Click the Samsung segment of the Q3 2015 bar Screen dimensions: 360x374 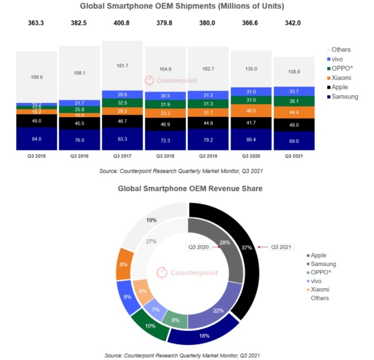[x=36, y=139]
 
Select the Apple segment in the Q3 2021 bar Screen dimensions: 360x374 [x=294, y=125]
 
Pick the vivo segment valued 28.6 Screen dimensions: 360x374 [x=122, y=94]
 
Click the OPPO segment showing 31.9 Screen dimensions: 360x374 [x=165, y=104]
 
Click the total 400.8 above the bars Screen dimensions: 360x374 [x=122, y=23]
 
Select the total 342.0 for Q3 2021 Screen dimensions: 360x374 [x=294, y=23]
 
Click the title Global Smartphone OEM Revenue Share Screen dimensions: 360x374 [x=190, y=188]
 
